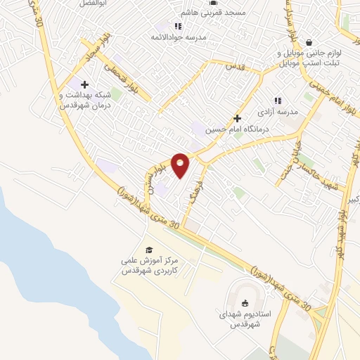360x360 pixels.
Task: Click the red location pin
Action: click(x=181, y=165)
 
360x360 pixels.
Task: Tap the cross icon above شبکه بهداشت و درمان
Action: click(x=84, y=84)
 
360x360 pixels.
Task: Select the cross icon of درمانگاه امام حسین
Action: click(x=237, y=118)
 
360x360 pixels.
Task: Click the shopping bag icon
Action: click(x=309, y=41)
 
